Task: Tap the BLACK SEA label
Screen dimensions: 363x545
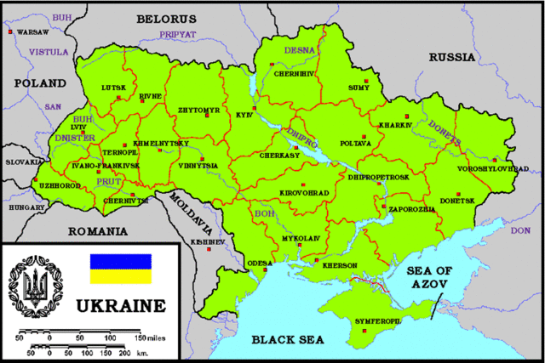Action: pos(289,340)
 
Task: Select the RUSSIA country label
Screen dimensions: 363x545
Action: pos(452,58)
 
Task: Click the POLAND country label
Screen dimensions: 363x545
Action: pos(39,84)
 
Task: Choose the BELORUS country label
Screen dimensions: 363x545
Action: pos(168,18)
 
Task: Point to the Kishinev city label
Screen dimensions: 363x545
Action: pos(208,242)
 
